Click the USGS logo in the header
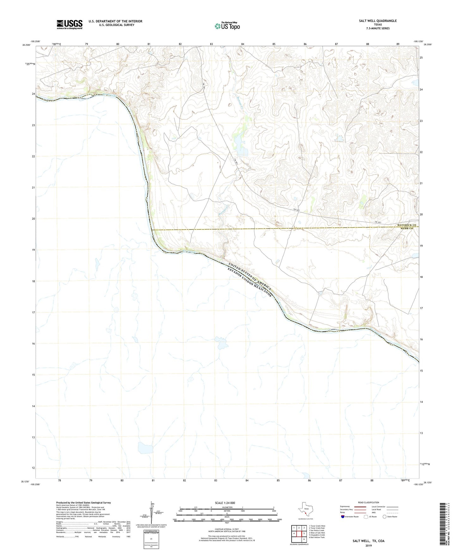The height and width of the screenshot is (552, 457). point(69,24)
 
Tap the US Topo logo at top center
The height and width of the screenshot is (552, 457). point(227,26)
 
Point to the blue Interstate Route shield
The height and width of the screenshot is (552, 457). point(343,517)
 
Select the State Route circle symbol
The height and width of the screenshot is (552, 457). point(384,517)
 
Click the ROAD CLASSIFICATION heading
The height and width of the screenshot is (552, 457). point(368,502)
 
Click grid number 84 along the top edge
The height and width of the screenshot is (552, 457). point(243,44)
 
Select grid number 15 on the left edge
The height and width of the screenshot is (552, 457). point(33,375)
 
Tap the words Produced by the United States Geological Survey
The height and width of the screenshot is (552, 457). point(83,503)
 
